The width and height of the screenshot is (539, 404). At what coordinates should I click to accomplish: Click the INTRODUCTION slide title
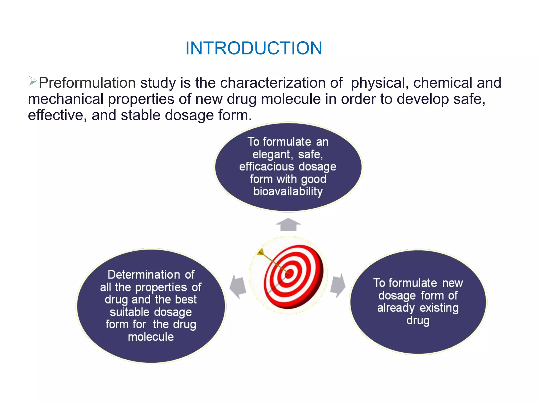(254, 48)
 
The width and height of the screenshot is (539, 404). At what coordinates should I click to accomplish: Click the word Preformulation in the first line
(87, 83)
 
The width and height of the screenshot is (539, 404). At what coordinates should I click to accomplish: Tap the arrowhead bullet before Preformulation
(33, 81)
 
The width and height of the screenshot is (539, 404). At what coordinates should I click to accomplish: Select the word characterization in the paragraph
(273, 83)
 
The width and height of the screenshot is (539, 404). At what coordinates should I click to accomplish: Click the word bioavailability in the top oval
(288, 191)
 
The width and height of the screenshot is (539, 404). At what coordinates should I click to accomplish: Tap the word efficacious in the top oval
(266, 167)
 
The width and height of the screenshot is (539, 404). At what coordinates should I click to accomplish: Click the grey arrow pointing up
(288, 225)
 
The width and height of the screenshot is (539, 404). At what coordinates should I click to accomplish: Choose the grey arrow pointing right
(338, 285)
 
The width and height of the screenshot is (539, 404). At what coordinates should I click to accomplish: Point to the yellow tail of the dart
(261, 252)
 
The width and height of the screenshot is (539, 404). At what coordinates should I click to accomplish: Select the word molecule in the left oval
(151, 337)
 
